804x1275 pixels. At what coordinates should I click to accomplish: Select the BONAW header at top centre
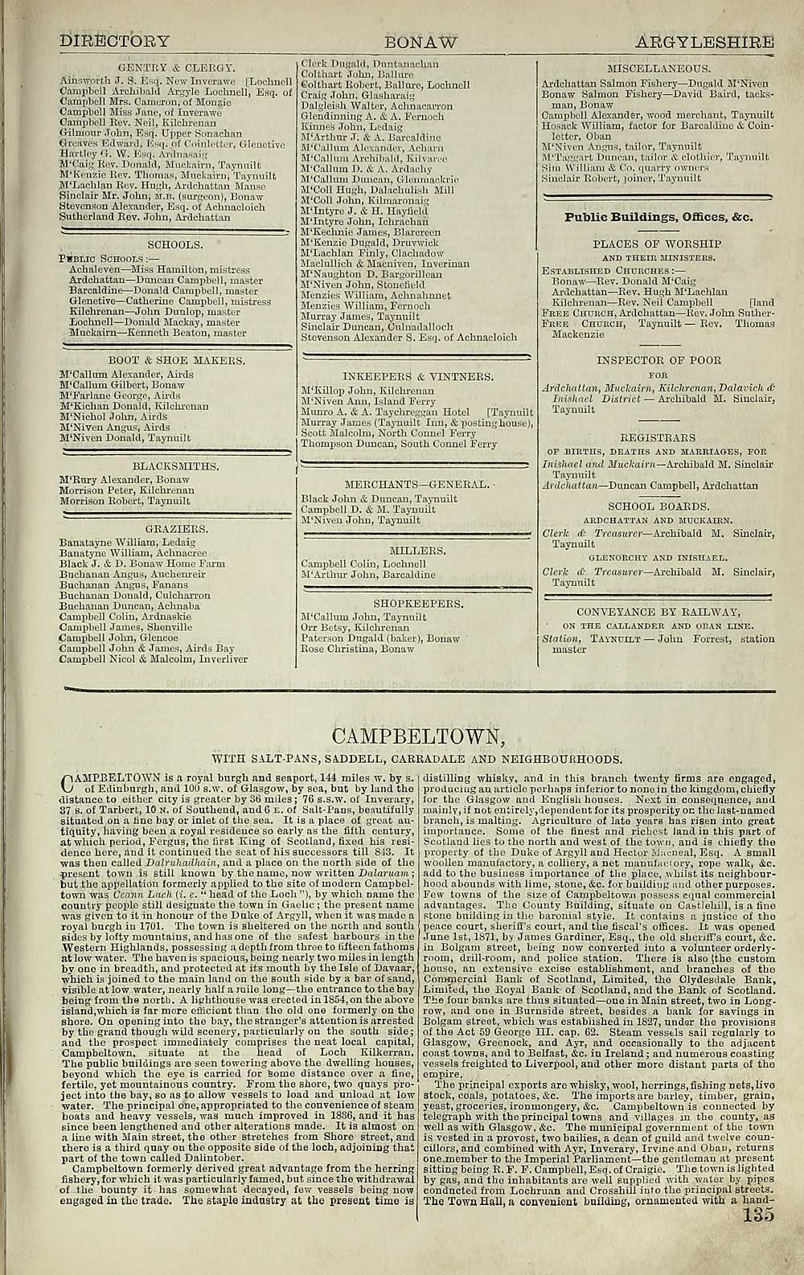pyautogui.click(x=421, y=42)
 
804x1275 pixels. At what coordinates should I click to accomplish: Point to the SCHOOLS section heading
pyautogui.click(x=175, y=244)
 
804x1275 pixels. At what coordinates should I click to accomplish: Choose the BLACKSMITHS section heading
pyautogui.click(x=175, y=465)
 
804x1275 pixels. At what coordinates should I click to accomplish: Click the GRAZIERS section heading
pyautogui.click(x=175, y=529)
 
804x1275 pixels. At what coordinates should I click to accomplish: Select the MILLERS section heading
pyautogui.click(x=417, y=551)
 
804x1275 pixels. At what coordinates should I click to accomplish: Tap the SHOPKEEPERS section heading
pyautogui.click(x=417, y=603)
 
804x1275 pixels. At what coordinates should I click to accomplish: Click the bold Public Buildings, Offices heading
pyautogui.click(x=658, y=216)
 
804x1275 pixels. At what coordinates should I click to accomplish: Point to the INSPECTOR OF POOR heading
pyautogui.click(x=658, y=359)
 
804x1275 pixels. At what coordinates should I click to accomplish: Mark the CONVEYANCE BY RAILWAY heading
pyautogui.click(x=658, y=611)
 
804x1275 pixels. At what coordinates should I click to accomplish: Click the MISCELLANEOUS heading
pyautogui.click(x=658, y=71)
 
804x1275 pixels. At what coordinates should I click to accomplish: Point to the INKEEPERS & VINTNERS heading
pyautogui.click(x=417, y=376)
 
